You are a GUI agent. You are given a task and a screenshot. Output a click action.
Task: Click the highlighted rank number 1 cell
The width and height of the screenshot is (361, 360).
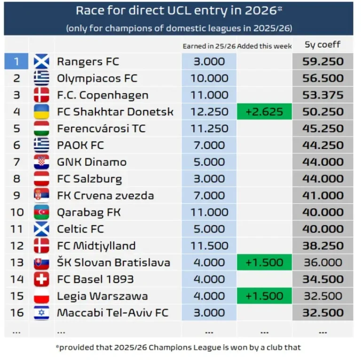(x=16, y=62)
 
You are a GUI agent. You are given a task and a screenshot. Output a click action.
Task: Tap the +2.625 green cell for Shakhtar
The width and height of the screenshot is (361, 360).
(x=264, y=112)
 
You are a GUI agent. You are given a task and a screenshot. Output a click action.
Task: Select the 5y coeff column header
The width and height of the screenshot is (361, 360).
(x=322, y=45)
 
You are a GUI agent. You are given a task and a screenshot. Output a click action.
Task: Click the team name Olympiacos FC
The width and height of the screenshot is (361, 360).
(x=97, y=78)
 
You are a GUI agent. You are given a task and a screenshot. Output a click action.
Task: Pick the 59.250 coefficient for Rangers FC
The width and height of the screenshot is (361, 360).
(x=322, y=62)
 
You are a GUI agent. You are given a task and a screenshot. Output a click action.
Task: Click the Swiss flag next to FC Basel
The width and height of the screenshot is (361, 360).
(x=41, y=279)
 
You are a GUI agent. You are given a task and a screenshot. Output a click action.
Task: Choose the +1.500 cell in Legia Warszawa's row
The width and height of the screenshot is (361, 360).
(x=264, y=296)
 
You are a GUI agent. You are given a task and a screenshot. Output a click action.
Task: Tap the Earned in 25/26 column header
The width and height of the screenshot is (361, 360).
(x=209, y=46)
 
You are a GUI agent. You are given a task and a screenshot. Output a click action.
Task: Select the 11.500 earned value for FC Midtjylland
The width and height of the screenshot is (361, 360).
(x=209, y=246)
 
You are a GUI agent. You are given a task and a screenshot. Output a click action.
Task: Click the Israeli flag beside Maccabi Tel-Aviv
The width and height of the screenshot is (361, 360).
(x=41, y=313)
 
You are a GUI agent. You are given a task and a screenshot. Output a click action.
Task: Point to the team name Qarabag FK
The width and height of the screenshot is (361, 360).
(x=89, y=212)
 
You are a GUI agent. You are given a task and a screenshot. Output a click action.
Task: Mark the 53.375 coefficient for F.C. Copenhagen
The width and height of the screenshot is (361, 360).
(x=322, y=95)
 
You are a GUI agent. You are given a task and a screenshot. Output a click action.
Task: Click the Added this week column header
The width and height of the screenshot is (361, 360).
(x=265, y=46)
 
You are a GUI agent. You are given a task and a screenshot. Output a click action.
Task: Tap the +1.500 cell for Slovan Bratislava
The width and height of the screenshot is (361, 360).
(x=264, y=263)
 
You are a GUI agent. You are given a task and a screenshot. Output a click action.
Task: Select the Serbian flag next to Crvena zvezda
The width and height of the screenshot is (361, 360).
(x=41, y=196)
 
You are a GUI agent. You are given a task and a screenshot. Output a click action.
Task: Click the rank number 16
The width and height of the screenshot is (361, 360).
(x=16, y=313)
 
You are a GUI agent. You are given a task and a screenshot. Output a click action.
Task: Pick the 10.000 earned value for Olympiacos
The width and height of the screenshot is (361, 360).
(x=209, y=78)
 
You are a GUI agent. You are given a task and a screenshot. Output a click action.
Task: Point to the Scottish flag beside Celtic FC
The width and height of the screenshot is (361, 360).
(x=41, y=229)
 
